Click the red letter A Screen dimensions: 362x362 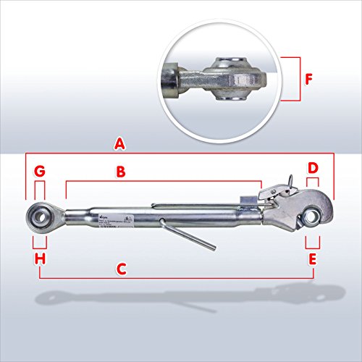pyautogui.click(x=120, y=144)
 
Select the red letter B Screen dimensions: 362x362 pyautogui.click(x=122, y=172)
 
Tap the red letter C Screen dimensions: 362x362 pyautogui.click(x=122, y=269)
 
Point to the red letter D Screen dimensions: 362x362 pyautogui.click(x=313, y=169)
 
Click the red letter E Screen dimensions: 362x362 pyautogui.click(x=313, y=258)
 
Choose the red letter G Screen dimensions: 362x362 pyautogui.click(x=40, y=172)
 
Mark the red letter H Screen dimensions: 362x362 pyautogui.click(x=40, y=258)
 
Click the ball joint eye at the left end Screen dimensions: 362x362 pyautogui.click(x=40, y=214)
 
